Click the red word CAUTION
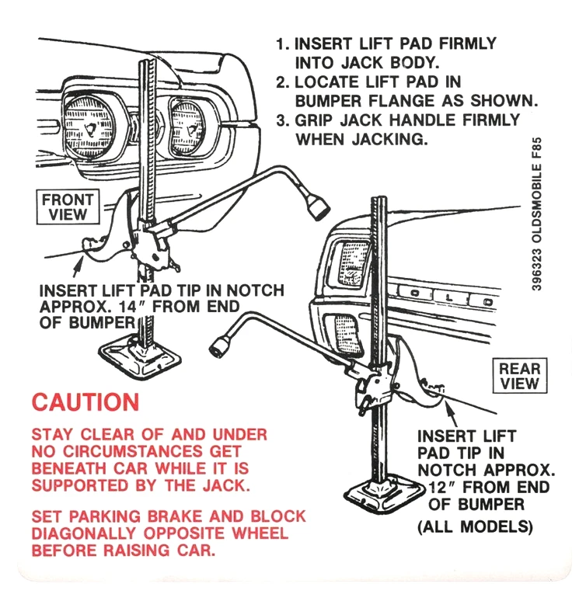coord(85,402)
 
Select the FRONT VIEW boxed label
coord(68,207)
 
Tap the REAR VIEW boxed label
coord(519,375)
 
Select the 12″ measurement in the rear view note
coord(441,488)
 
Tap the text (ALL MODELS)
coord(475,527)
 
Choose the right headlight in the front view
coord(187,124)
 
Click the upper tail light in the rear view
coord(347,264)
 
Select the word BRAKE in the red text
coord(180,516)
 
